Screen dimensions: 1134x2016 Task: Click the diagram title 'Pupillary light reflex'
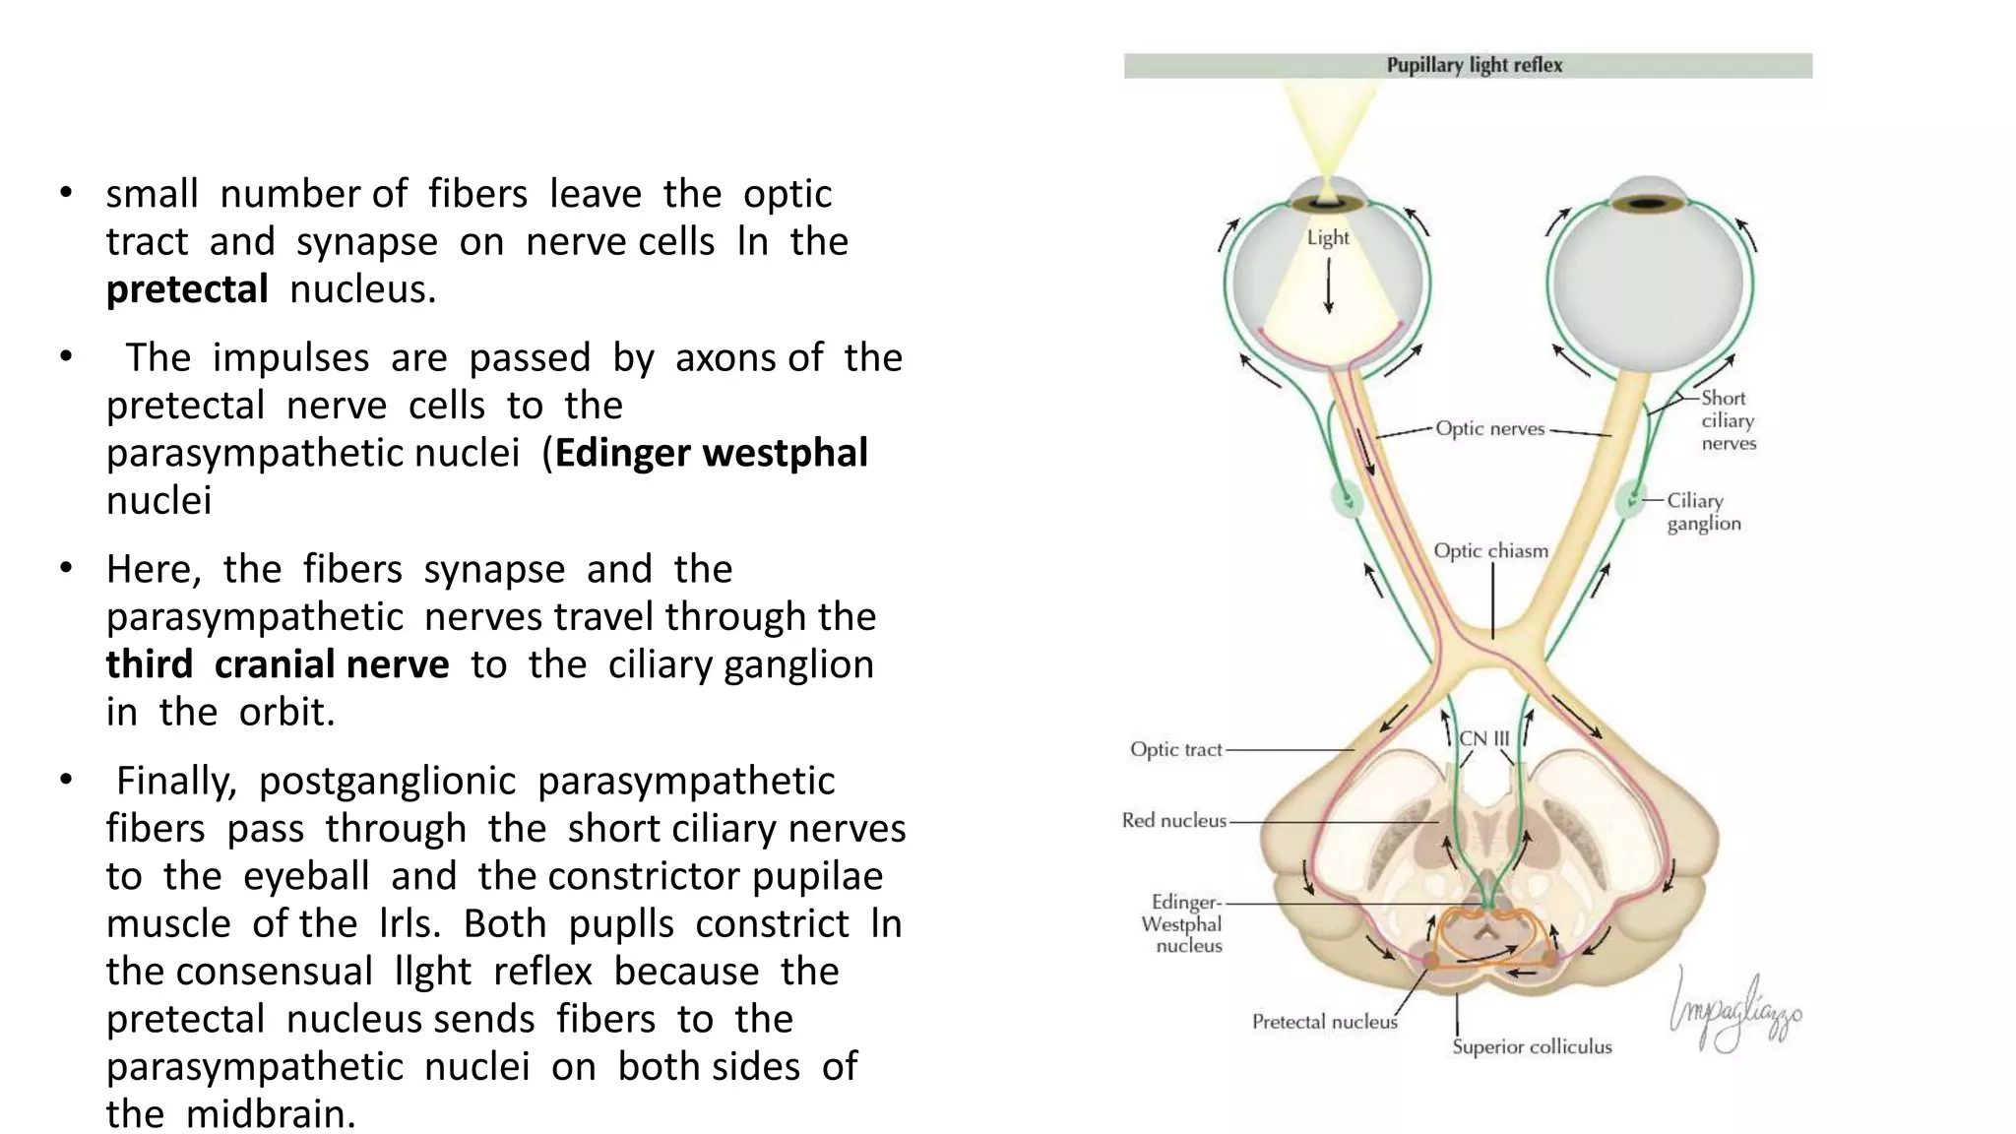click(x=1474, y=65)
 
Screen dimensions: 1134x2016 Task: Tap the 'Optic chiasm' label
click(x=1490, y=551)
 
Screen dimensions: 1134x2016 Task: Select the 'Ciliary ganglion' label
click(x=1703, y=512)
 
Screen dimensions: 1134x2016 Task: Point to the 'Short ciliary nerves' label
click(x=1728, y=420)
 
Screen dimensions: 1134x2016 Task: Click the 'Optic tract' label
click(x=1175, y=750)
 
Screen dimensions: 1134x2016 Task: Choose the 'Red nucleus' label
click(x=1174, y=821)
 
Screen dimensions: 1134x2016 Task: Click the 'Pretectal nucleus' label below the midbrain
click(x=1324, y=1022)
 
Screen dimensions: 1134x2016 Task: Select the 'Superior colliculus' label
click(x=1532, y=1046)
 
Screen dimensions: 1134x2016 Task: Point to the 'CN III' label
click(x=1483, y=738)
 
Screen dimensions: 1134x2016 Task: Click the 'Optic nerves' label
click(x=1489, y=428)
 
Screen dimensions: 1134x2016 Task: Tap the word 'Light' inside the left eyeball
click(x=1328, y=238)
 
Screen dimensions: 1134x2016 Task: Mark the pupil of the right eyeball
click(x=1650, y=205)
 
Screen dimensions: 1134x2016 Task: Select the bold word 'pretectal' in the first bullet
click(x=187, y=289)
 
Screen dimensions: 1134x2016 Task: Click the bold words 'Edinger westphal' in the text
click(x=711, y=453)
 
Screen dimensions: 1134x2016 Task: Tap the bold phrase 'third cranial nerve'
click(x=278, y=664)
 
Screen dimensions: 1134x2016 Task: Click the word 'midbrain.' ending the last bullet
click(x=271, y=1114)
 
